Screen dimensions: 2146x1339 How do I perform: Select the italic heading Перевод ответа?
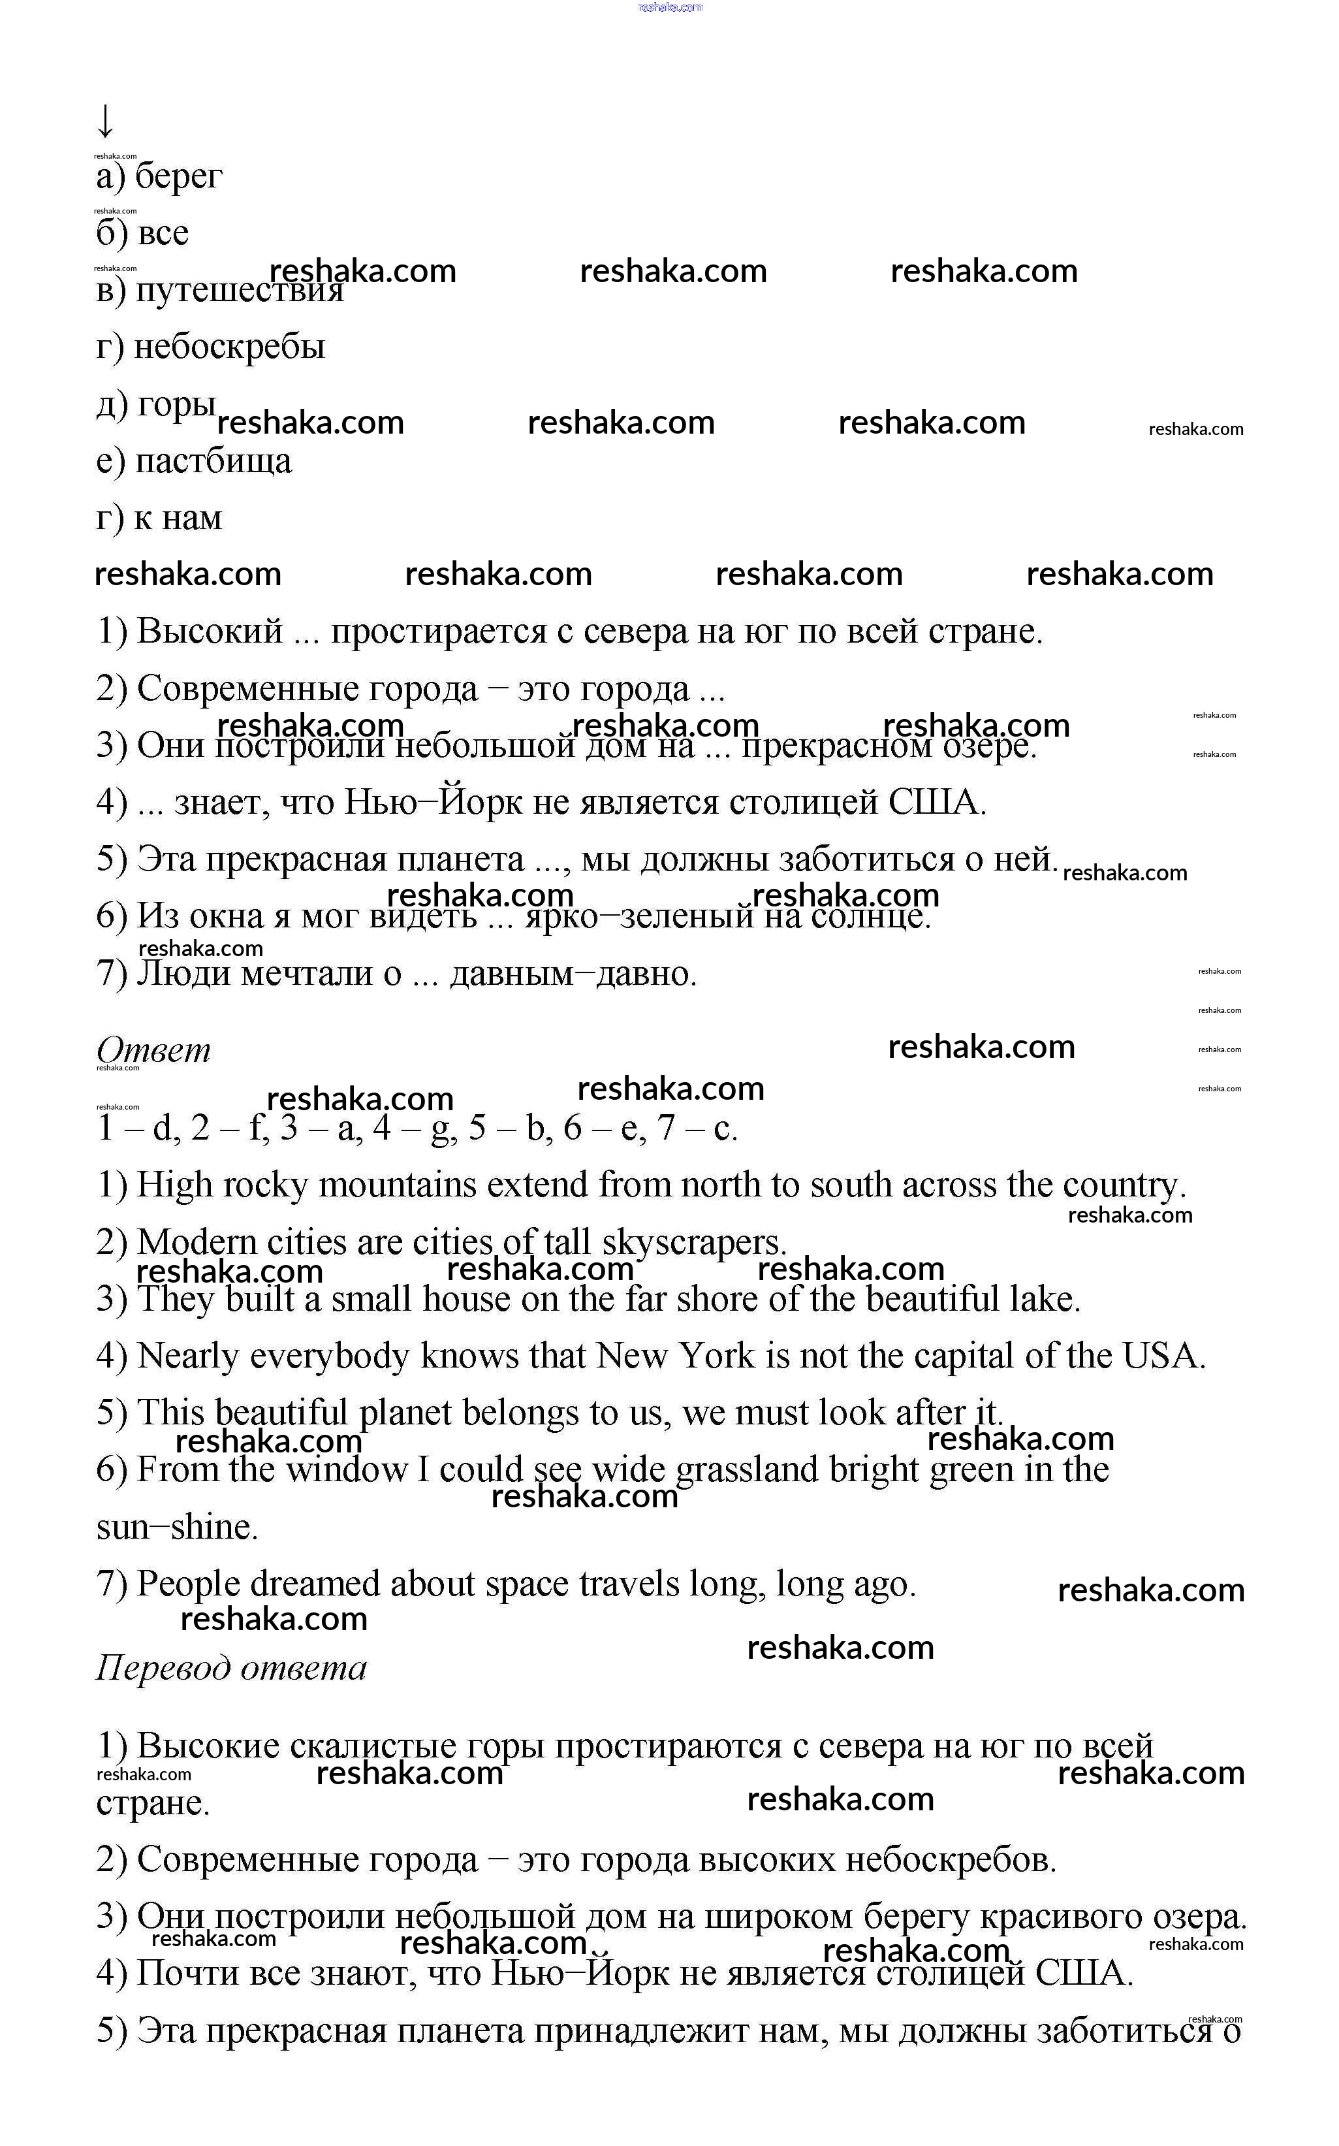pyautogui.click(x=231, y=1668)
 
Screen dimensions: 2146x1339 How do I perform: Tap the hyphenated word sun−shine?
pyautogui.click(x=177, y=1527)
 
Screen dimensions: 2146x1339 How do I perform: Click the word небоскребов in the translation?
pyautogui.click(x=951, y=1860)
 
